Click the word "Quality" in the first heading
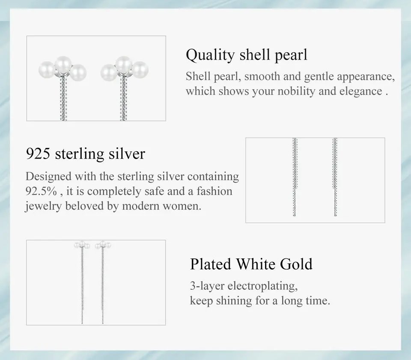(210, 55)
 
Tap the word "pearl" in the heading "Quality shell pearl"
(291, 55)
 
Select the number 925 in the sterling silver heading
(38, 153)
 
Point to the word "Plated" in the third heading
(211, 264)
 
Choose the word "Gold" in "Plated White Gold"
(296, 264)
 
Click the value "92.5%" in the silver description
(41, 191)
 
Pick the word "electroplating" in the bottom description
(262, 286)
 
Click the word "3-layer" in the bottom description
(207, 286)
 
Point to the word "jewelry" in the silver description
(44, 206)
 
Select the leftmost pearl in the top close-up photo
(47, 70)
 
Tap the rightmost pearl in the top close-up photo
(140, 70)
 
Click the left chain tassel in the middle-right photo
(295, 177)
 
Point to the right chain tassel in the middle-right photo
(335, 177)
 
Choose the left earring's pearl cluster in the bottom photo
(82, 245)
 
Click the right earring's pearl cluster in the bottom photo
(103, 245)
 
